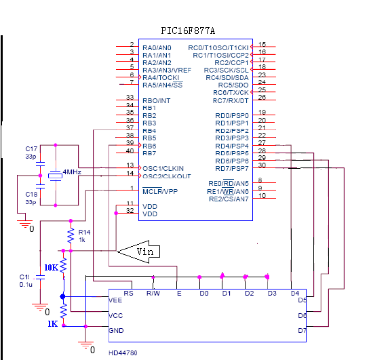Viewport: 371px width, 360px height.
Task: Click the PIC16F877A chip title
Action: tap(188, 31)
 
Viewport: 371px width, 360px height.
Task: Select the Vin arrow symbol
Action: tap(138, 252)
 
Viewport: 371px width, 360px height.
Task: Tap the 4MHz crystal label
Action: tap(72, 172)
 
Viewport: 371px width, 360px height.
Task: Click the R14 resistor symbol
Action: tap(71, 236)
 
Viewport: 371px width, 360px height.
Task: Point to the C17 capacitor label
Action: tap(31, 149)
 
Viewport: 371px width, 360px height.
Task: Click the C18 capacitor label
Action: tap(31, 195)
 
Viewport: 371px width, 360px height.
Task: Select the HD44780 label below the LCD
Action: tap(123, 353)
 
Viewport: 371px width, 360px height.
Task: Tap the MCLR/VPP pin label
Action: tap(160, 191)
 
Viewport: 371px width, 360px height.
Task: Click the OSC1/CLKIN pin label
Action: tap(163, 168)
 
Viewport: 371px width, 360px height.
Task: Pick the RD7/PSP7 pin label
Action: tap(232, 168)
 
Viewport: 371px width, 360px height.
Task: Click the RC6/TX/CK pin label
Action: tap(231, 92)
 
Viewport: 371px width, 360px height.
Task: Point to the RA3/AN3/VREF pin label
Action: tap(167, 71)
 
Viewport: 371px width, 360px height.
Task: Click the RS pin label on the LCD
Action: tap(128, 294)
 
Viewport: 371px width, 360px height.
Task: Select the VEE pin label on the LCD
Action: tap(115, 300)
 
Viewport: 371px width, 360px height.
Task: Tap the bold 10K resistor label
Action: tap(51, 268)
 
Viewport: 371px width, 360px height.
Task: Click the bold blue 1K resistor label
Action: tap(52, 324)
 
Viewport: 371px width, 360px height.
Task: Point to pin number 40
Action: tap(130, 151)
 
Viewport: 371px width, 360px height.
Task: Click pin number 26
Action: tap(262, 97)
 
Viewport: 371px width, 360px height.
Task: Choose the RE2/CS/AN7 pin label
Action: tap(229, 199)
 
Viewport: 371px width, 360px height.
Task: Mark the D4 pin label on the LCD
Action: tap(295, 294)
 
